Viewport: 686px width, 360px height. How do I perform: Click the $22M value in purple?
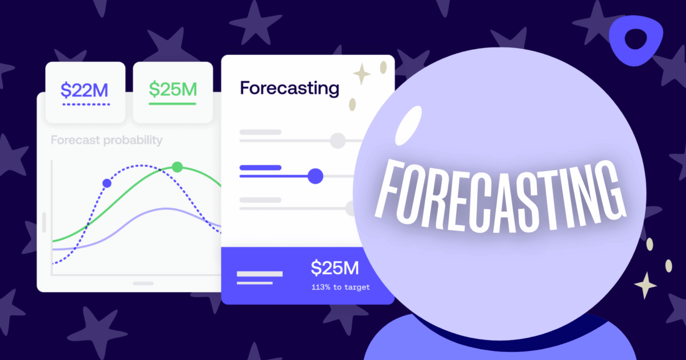(85, 90)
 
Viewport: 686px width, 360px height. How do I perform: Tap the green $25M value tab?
(173, 89)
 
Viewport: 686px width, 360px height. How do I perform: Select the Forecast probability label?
(106, 140)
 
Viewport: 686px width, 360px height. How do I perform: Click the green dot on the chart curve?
(177, 167)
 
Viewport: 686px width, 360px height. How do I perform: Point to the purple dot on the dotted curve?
(107, 183)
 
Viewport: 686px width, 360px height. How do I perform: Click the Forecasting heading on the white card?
(289, 89)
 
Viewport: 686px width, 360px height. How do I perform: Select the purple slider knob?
(315, 176)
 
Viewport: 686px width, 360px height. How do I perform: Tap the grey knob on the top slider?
(338, 140)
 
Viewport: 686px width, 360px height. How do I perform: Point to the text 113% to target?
(340, 287)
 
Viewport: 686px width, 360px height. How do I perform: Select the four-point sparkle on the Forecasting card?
(361, 74)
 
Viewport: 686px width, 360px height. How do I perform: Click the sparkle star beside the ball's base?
(645, 285)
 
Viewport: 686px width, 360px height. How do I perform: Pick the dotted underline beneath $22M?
(85, 105)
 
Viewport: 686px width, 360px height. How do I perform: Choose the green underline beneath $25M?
(173, 104)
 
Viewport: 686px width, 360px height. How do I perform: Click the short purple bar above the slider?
(260, 167)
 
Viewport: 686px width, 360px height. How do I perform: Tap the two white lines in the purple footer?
(260, 278)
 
